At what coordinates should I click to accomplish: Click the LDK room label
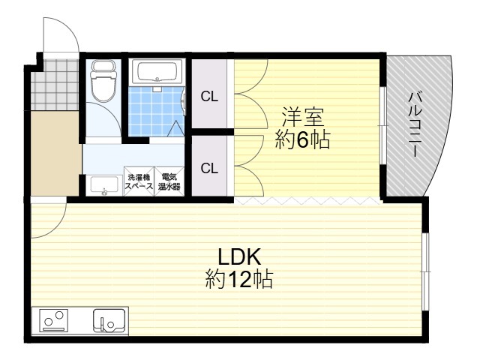pyautogui.click(x=239, y=256)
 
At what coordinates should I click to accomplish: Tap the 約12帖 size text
pyautogui.click(x=239, y=279)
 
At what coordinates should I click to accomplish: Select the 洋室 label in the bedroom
pyautogui.click(x=303, y=117)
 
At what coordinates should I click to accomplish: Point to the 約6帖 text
pyautogui.click(x=303, y=139)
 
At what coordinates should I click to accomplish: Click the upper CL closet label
pyautogui.click(x=209, y=97)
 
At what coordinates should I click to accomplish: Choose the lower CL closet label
pyautogui.click(x=209, y=168)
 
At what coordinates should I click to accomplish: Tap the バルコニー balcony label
pyautogui.click(x=415, y=124)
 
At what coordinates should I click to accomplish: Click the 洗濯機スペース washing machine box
pyautogui.click(x=139, y=181)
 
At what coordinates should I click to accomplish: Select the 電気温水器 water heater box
pyautogui.click(x=169, y=181)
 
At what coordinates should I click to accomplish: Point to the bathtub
pyautogui.click(x=157, y=71)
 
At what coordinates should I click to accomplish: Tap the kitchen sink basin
pyautogui.click(x=109, y=320)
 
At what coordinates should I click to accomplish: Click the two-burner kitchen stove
pyautogui.click(x=54, y=320)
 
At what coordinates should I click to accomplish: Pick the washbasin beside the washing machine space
pyautogui.click(x=103, y=185)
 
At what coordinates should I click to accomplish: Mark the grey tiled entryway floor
pyautogui.click(x=55, y=85)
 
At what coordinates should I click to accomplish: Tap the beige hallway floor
pyautogui.click(x=55, y=153)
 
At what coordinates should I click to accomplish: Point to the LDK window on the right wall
pyautogui.click(x=425, y=271)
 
